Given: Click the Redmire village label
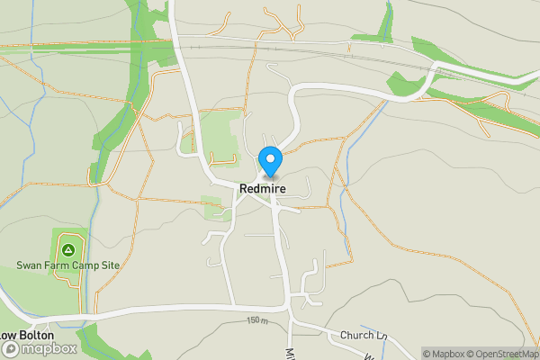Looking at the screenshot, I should tap(264, 189).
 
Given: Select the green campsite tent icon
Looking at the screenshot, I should tap(67, 247).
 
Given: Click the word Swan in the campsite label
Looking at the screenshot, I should tap(30, 265).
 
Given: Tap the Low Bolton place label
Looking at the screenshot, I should tap(27, 335).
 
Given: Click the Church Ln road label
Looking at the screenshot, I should tap(363, 336).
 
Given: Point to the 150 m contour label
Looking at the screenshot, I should tap(258, 320).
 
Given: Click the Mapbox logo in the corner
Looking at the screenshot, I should tap(39, 349).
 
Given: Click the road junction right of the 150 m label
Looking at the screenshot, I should tap(289, 318).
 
